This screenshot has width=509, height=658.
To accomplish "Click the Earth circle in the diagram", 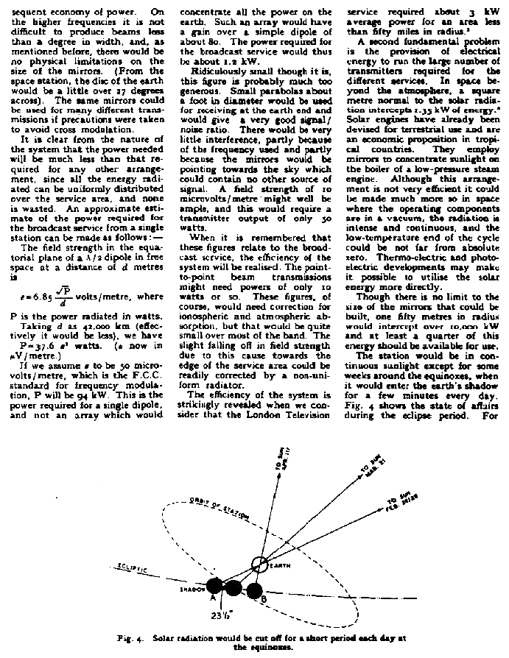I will point(260,566).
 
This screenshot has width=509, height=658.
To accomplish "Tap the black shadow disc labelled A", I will point(214,586).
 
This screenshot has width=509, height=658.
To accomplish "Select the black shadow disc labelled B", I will point(255,590).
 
